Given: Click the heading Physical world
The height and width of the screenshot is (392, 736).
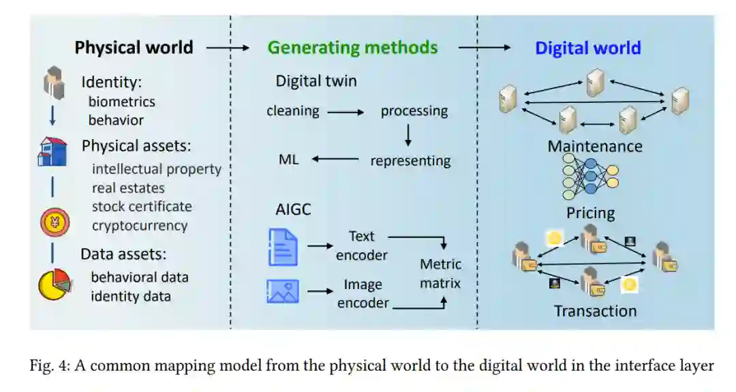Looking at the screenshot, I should click(134, 48).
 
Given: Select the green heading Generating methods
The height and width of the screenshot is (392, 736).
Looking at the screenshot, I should click(352, 48).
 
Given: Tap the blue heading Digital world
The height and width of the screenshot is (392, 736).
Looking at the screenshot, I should click(587, 48).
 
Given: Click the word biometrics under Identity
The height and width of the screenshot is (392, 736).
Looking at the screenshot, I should click(121, 102).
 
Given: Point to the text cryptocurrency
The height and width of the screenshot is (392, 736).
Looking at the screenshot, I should click(140, 225).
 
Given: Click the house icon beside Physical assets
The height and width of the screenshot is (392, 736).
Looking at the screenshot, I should click(52, 151).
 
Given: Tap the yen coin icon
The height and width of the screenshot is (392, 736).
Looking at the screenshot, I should click(54, 222).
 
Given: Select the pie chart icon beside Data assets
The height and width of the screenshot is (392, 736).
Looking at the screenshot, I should click(54, 284).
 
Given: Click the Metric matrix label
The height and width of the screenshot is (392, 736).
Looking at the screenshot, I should click(440, 273).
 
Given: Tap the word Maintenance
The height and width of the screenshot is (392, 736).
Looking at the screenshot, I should click(594, 147).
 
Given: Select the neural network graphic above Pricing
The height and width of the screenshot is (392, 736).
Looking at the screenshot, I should click(590, 177).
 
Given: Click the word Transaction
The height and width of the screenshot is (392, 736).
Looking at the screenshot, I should click(595, 311).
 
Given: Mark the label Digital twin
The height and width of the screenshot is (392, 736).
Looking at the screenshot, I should click(316, 81).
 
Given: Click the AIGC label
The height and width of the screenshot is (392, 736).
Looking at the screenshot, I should click(293, 209).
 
